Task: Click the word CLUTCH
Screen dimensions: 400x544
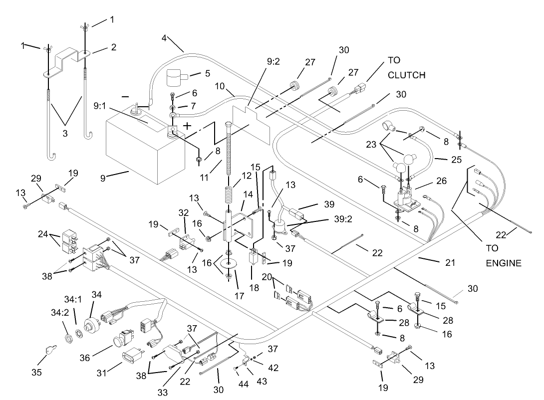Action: click(407, 75)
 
